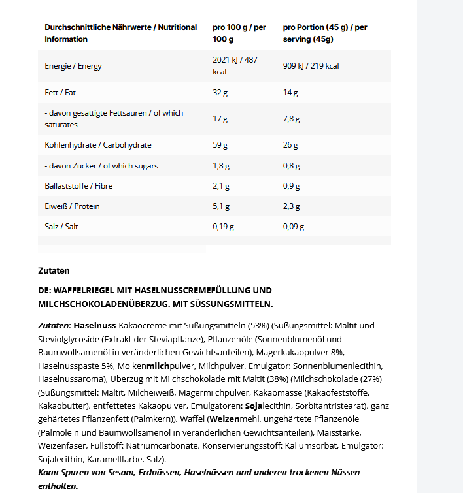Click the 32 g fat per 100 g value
[220, 93]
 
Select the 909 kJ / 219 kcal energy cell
[311, 66]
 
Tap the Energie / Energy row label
[73, 66]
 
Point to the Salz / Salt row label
[61, 227]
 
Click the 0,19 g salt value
[223, 227]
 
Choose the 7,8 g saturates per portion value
[292, 119]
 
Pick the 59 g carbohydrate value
[220, 145]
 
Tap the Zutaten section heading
[54, 270]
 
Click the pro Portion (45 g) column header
[325, 33]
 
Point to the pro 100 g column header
[239, 33]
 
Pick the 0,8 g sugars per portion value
[292, 166]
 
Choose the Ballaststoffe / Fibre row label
[78, 186]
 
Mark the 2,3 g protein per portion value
[292, 206]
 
